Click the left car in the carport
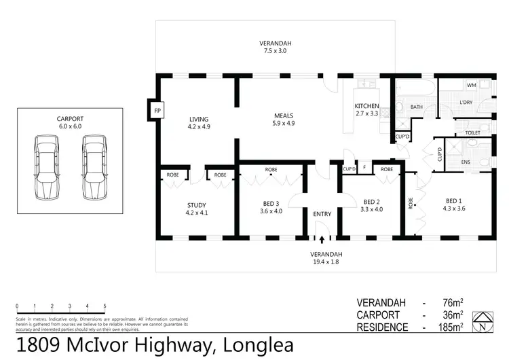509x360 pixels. tap(46, 166)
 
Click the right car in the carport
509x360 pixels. tap(94, 166)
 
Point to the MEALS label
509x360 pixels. tap(284, 115)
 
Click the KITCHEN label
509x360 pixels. tap(367, 107)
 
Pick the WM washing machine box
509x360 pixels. tap(471, 86)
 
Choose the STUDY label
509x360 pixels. tap(196, 205)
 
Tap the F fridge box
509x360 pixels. tap(364, 169)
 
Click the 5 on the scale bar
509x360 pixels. tap(105, 306)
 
